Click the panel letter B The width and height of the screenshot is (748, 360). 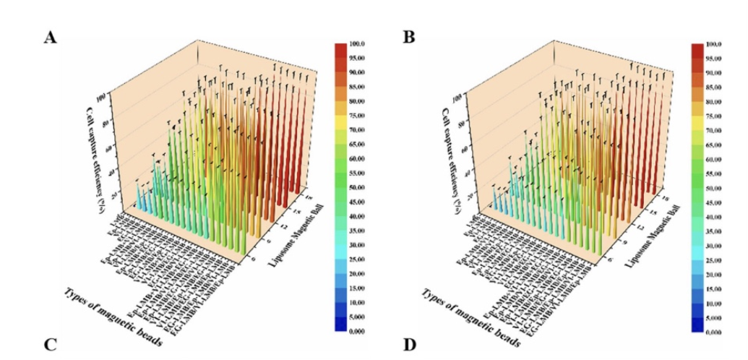pos(408,37)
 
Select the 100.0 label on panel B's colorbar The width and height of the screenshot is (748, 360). pos(716,45)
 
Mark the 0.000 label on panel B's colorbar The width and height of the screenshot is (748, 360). pos(716,332)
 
